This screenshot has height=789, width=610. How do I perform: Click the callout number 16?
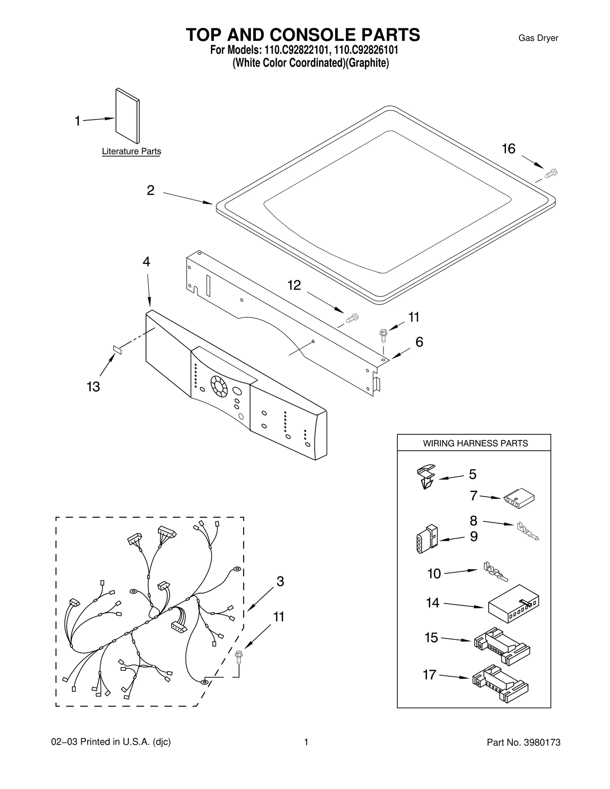pos(508,149)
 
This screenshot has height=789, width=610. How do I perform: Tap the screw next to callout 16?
pos(551,174)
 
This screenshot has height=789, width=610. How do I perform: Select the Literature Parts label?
pos(131,151)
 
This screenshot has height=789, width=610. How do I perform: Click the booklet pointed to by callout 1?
pos(127,116)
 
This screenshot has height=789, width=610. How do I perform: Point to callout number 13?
pos(93,387)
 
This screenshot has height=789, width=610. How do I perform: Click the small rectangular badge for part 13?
pos(117,350)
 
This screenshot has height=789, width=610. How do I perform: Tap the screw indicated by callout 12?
pos(353,317)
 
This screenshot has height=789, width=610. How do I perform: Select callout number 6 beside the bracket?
pos(419,342)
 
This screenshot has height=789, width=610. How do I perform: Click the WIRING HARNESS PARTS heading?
pos(475,443)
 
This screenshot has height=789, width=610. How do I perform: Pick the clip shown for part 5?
pos(425,476)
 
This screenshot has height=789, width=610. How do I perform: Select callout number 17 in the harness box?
pos(429,675)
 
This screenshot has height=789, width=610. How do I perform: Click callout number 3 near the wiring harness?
pos(280,581)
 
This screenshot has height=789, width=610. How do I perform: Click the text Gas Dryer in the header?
pos(538,38)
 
